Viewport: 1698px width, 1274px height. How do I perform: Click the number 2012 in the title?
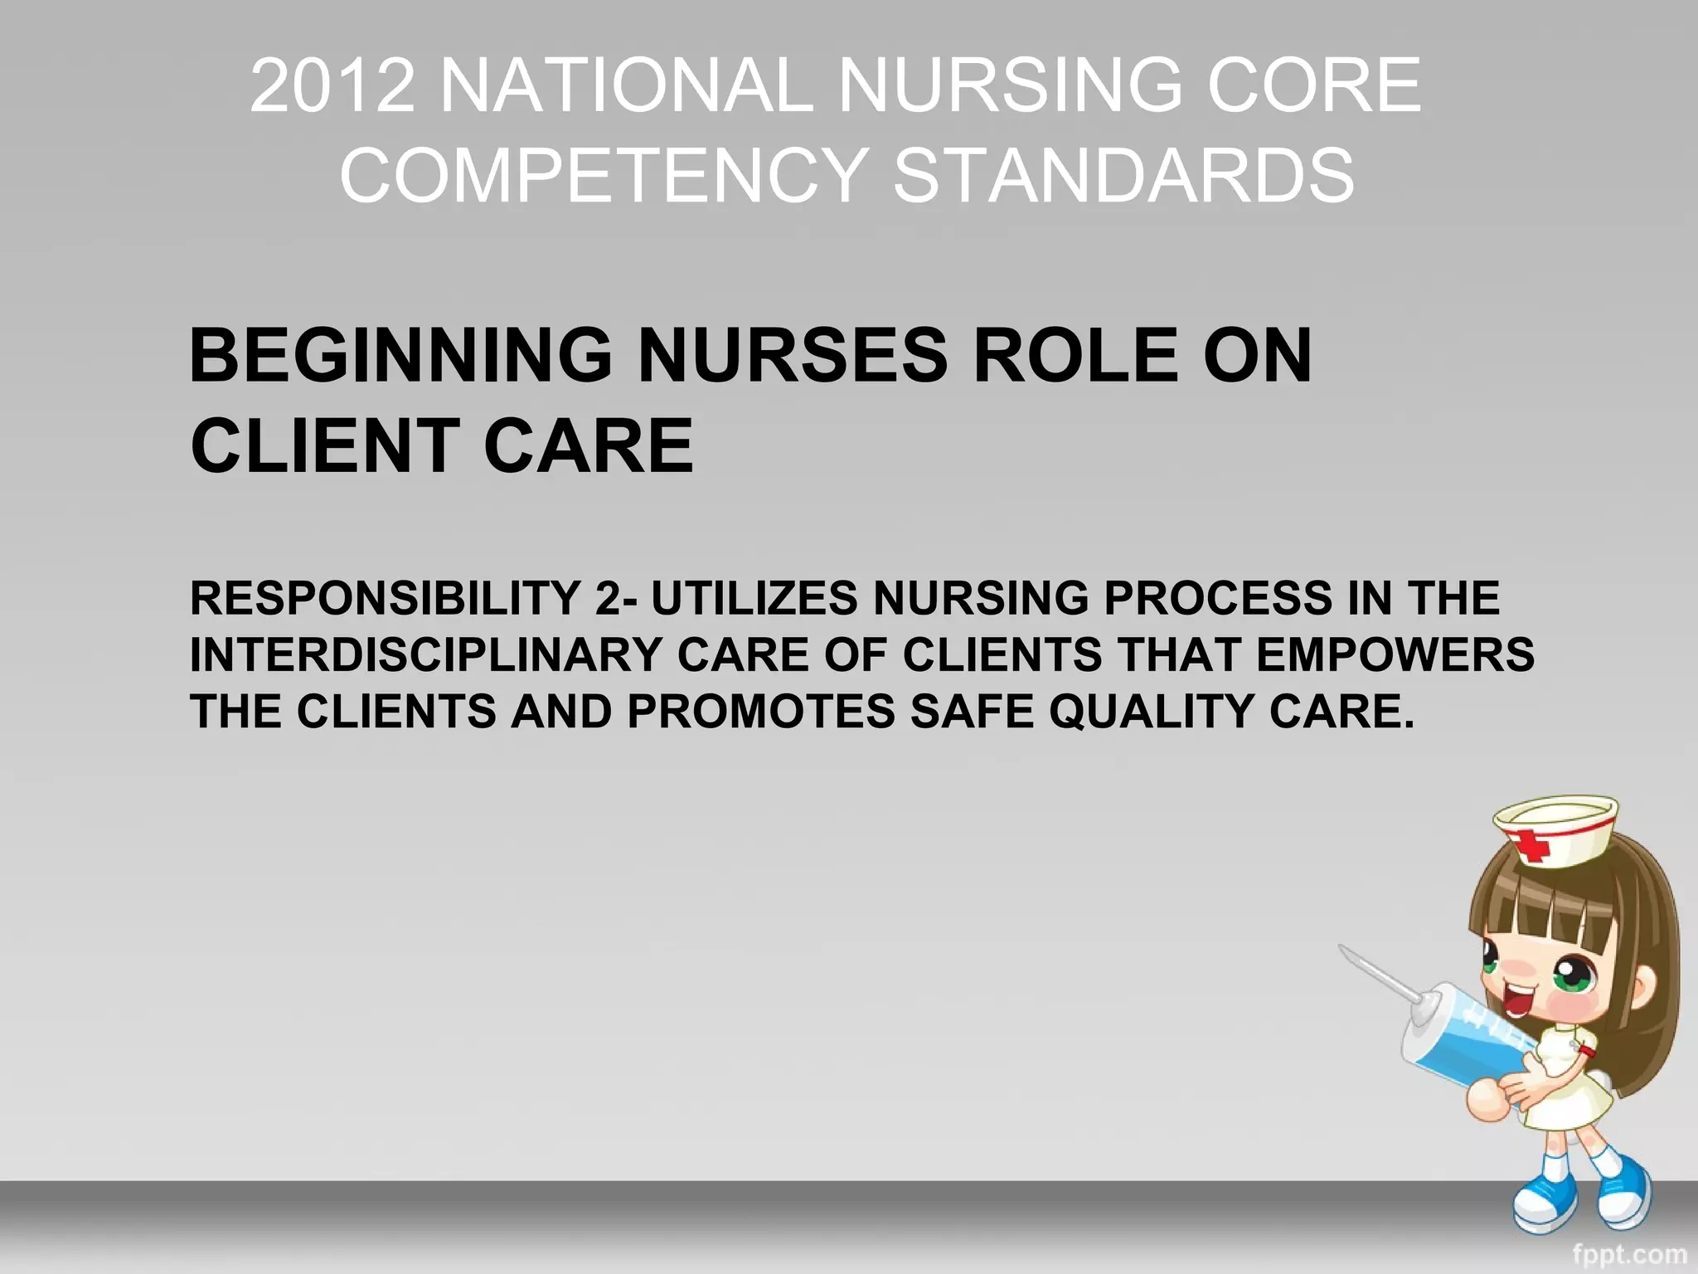[332, 85]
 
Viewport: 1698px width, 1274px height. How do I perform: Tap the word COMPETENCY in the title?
[604, 175]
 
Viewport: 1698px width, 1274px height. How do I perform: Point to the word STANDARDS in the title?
[1123, 175]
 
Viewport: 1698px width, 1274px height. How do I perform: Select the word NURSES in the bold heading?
[793, 356]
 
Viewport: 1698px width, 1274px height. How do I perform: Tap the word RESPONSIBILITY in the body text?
[386, 598]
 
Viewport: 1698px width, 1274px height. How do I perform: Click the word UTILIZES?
[754, 598]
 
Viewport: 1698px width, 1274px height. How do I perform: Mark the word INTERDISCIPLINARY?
[425, 655]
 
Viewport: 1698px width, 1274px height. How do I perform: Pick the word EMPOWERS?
[1395, 655]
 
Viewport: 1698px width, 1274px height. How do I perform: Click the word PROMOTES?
[761, 712]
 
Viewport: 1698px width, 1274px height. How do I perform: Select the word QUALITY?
[1152, 712]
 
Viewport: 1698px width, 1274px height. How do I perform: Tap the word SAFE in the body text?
[973, 712]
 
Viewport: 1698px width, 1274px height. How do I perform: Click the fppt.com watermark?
[1629, 1254]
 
